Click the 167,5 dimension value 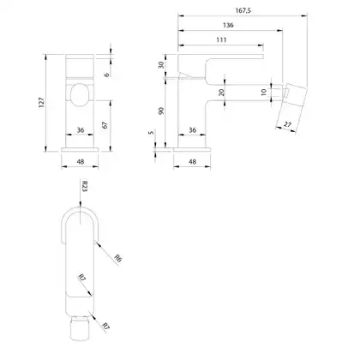pyautogui.click(x=243, y=10)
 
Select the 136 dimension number pyautogui.click(x=228, y=25)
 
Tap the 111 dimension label pyautogui.click(x=221, y=39)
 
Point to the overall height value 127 pyautogui.click(x=42, y=102)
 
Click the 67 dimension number pyautogui.click(x=105, y=125)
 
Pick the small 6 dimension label pyautogui.click(x=106, y=75)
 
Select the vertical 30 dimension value pyautogui.click(x=161, y=65)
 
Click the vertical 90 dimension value pyautogui.click(x=161, y=111)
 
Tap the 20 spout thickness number pyautogui.click(x=221, y=92)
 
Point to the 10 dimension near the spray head pyautogui.click(x=264, y=92)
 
